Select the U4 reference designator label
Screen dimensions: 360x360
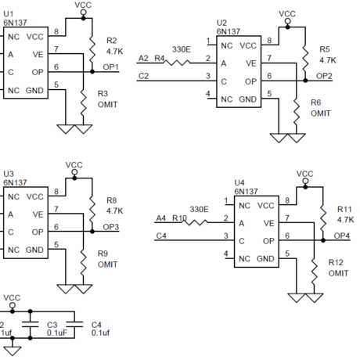(240, 184)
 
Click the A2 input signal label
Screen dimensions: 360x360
(142, 59)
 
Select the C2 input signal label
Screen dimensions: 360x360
(142, 76)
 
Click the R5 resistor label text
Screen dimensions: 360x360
(326, 49)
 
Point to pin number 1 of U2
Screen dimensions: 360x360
(208, 41)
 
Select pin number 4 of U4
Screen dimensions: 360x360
(226, 254)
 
